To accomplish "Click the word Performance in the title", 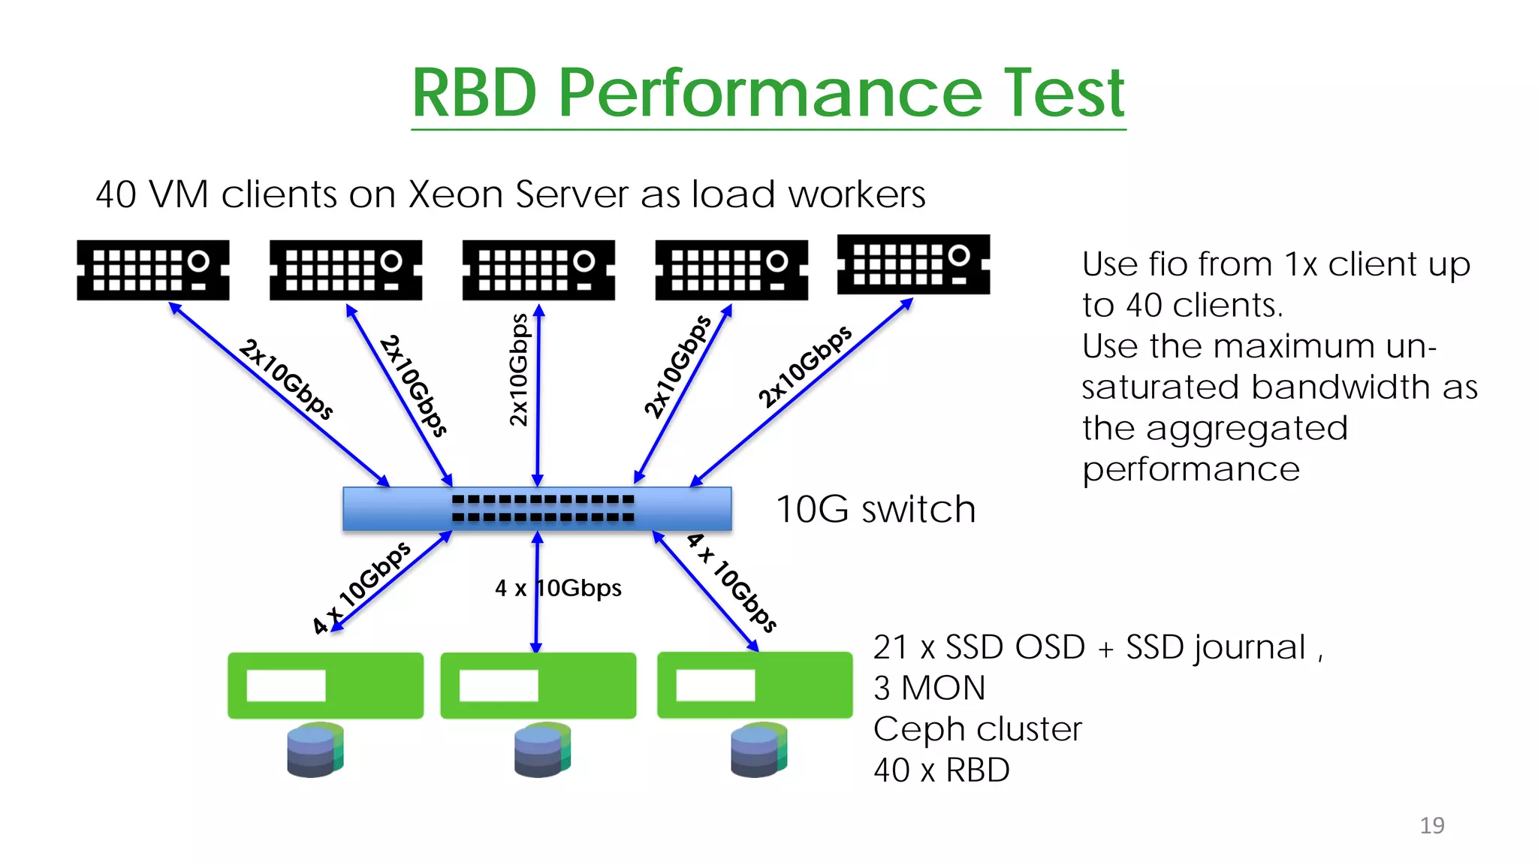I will click(770, 94).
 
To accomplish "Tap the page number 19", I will click(1431, 825).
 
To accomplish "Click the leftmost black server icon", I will click(153, 270).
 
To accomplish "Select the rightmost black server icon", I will click(913, 264).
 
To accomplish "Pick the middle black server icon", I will click(538, 270).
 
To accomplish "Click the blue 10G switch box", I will click(537, 508).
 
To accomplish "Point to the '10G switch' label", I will click(875, 510).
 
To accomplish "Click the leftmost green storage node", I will click(325, 685).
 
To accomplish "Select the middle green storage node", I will click(538, 685).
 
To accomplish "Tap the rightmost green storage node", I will click(755, 685).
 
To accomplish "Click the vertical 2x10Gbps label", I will click(519, 370).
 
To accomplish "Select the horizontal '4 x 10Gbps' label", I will click(559, 588).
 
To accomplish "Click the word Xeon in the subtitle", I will click(455, 194).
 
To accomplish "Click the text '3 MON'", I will click(929, 688).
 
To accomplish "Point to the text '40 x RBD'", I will click(941, 770).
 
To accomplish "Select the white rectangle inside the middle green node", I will click(499, 685).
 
